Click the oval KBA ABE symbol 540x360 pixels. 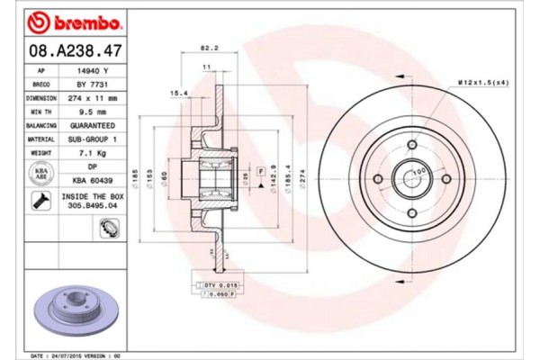pos(40,174)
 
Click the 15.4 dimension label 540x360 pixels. pos(178,93)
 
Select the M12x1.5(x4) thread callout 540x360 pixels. pos(481,83)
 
